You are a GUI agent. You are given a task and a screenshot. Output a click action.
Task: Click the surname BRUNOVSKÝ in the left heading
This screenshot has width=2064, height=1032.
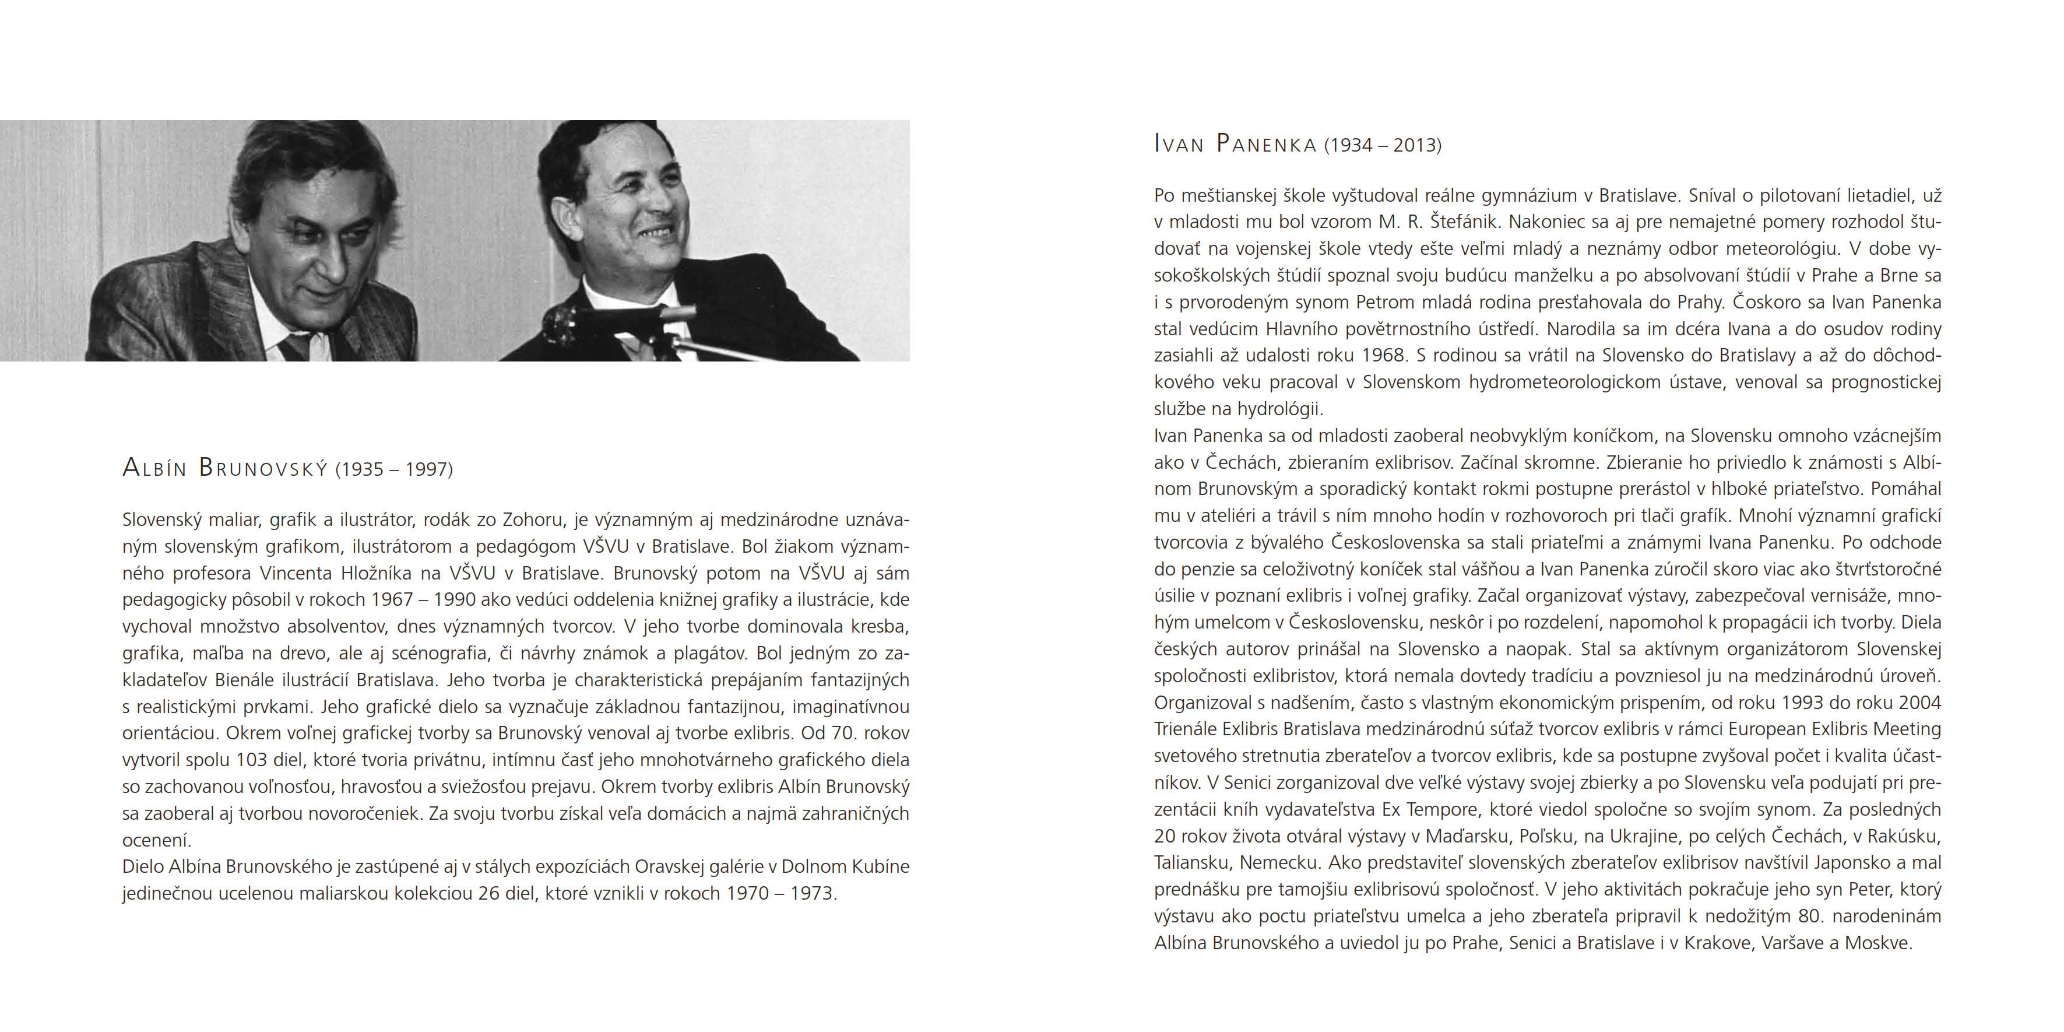(x=263, y=468)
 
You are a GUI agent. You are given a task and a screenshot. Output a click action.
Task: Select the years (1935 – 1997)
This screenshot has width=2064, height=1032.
(x=393, y=469)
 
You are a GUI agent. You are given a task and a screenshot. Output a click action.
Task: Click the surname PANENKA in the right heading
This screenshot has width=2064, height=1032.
(x=1266, y=144)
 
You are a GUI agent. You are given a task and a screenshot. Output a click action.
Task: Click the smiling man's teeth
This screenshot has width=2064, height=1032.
(x=655, y=234)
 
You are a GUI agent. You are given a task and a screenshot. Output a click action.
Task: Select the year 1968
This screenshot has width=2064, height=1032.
(x=1383, y=355)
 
